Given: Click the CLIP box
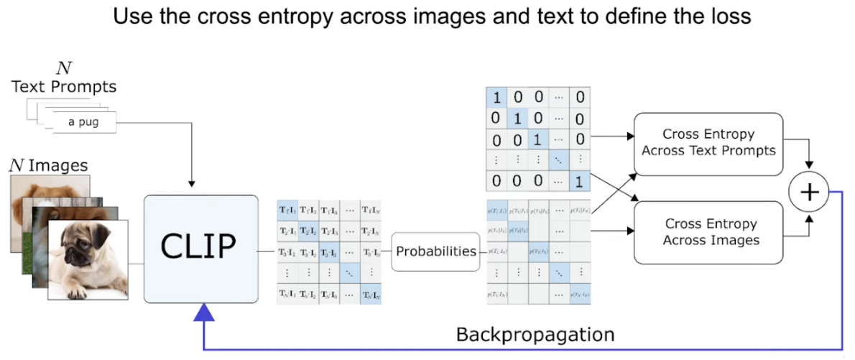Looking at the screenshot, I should pyautogui.click(x=200, y=248).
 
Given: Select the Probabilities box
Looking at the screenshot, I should pyautogui.click(x=435, y=251).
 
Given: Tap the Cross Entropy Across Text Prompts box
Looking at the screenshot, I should pyautogui.click(x=708, y=143).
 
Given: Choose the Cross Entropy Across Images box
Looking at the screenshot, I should pyautogui.click(x=708, y=232).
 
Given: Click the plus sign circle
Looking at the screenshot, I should pyautogui.click(x=809, y=192).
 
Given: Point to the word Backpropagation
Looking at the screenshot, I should pyautogui.click(x=535, y=335).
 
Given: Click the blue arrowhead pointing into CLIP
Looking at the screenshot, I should pyautogui.click(x=205, y=311).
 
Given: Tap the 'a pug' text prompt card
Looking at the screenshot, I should pyautogui.click(x=83, y=123).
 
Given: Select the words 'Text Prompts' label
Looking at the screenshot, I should pyautogui.click(x=64, y=87).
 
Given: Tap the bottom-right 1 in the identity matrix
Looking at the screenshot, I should pyautogui.click(x=579, y=183).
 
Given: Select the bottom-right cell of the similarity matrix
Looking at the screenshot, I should pyautogui.click(x=371, y=294).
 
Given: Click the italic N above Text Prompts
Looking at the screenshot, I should pyautogui.click(x=64, y=70).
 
